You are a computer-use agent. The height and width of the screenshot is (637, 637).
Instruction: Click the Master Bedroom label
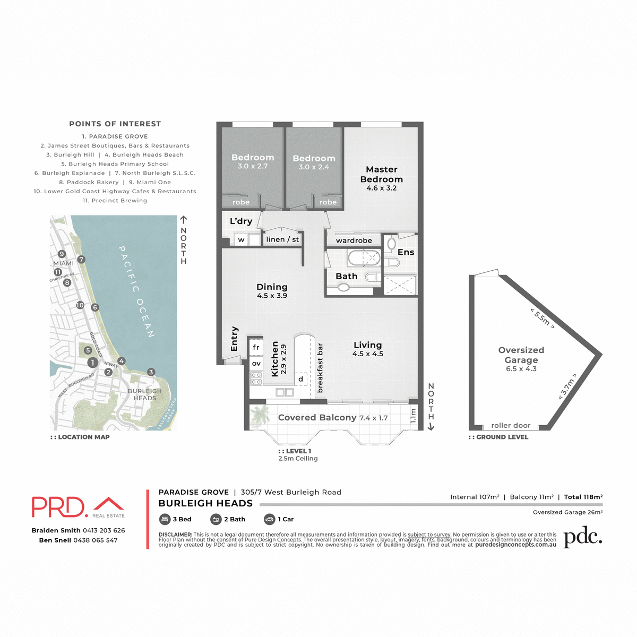(381, 174)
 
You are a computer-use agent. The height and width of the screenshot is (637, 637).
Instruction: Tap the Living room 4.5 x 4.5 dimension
(367, 354)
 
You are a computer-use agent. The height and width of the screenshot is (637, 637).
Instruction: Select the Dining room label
(272, 287)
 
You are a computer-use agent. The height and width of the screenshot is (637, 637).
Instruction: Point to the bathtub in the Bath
(364, 259)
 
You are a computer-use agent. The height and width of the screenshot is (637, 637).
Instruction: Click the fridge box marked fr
(256, 347)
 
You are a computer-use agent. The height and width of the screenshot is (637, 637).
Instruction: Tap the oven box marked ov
(256, 364)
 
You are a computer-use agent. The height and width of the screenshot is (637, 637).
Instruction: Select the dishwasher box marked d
(301, 378)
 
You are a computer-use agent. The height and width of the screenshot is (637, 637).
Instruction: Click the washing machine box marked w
(241, 240)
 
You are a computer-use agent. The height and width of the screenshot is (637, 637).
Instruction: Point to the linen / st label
(282, 239)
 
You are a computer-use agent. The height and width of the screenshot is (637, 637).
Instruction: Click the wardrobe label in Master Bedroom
(354, 240)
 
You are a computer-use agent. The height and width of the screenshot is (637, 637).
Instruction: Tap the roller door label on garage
(511, 425)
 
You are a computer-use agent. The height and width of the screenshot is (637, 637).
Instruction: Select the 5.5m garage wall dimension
(542, 318)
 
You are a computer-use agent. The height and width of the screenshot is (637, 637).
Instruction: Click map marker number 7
(81, 260)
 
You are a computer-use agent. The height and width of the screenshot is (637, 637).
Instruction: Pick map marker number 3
(151, 372)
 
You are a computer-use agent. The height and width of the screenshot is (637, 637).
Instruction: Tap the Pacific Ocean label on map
(136, 291)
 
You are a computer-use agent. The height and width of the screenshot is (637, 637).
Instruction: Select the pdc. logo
(582, 537)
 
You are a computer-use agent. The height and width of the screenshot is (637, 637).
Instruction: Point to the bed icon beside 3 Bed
(164, 519)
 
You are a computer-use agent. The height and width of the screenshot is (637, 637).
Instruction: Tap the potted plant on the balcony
(261, 414)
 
